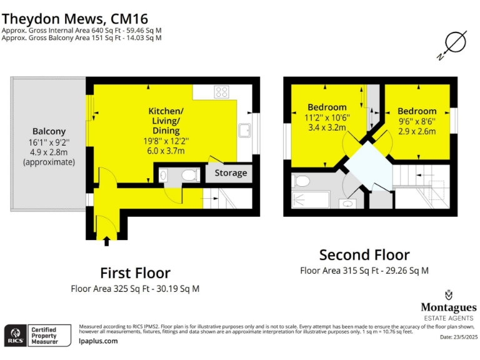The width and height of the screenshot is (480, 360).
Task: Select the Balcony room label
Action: click(x=49, y=131)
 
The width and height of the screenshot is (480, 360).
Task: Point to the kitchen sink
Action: click(x=245, y=130)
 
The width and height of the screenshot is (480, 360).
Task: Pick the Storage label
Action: click(x=231, y=172)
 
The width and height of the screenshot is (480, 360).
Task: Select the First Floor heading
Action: click(x=135, y=273)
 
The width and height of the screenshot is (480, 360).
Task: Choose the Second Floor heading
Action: click(x=364, y=255)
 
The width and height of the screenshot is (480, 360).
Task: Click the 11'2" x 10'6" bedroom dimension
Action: click(x=326, y=117)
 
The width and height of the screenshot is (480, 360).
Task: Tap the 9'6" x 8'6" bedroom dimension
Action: click(x=417, y=121)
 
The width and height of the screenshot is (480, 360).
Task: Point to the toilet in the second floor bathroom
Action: click(x=302, y=181)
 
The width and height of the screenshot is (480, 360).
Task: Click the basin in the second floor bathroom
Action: click(x=347, y=203)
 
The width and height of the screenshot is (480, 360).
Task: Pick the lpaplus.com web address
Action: click(x=98, y=341)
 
